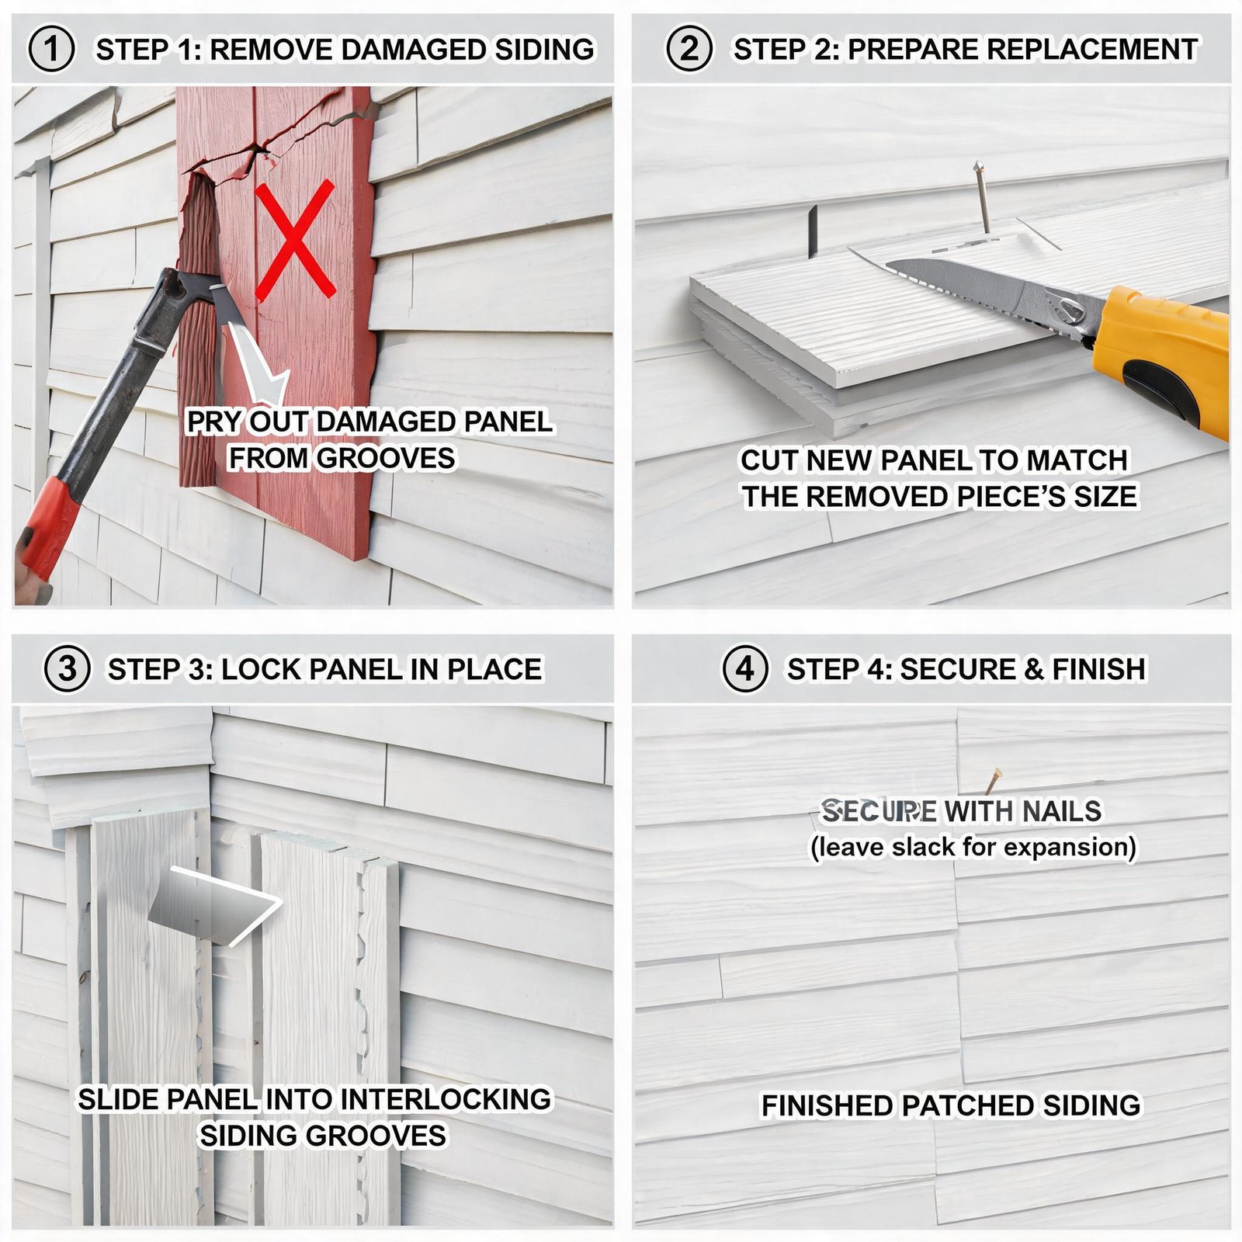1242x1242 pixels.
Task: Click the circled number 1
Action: coord(52,49)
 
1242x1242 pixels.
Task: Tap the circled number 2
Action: coord(689,49)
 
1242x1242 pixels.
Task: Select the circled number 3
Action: coord(68,668)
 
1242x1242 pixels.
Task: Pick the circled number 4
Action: coord(746,668)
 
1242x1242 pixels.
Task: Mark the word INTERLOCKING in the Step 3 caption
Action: coord(446,1099)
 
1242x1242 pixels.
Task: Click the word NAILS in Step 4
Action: coord(1061,811)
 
